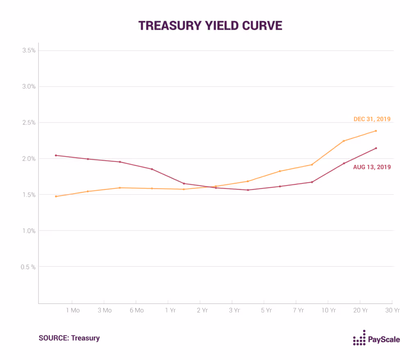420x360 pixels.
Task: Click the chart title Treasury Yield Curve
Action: [x=210, y=25]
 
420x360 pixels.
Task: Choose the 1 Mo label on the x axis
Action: [x=73, y=310]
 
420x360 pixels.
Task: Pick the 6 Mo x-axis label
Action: [x=137, y=310]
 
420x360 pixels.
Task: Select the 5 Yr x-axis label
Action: [x=266, y=310]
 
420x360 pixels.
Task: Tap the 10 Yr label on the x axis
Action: [x=328, y=310]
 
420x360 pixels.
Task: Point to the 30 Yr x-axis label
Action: [x=392, y=310]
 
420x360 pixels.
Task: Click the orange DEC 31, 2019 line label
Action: [x=372, y=119]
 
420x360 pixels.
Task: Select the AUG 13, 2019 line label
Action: [x=372, y=167]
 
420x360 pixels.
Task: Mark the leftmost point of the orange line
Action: [x=56, y=196]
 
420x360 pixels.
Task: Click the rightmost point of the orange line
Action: [x=376, y=131]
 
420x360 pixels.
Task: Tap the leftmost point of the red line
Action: [x=56, y=155]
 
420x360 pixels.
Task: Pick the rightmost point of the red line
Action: [x=376, y=148]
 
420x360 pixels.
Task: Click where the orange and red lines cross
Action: [x=210, y=187]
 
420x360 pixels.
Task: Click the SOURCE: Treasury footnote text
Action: [x=69, y=338]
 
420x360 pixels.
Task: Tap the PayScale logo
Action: [x=376, y=339]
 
